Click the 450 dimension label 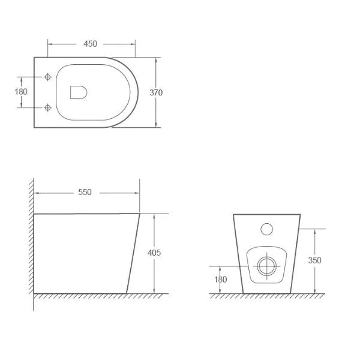tap(91, 44)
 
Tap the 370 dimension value tap(157, 92)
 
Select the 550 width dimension tap(85, 192)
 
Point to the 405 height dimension tap(154, 253)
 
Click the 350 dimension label tap(314, 260)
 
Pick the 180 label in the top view tap(22, 92)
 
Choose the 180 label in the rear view tap(221, 279)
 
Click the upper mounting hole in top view tap(47, 77)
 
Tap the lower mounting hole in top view tap(47, 108)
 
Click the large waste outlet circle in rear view tap(265, 264)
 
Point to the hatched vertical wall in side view tap(29, 240)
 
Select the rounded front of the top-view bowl tap(138, 92)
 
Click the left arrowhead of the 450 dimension tap(50, 44)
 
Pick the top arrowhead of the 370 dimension tap(157, 60)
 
